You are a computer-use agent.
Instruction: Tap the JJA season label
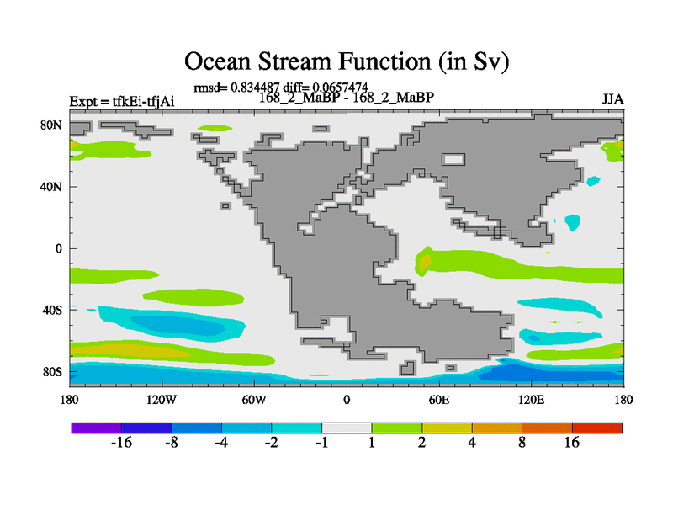[x=612, y=99]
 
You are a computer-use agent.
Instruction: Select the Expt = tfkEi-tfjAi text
[x=122, y=101]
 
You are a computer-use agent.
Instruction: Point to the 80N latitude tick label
[x=51, y=125]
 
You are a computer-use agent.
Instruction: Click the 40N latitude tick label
[x=51, y=187]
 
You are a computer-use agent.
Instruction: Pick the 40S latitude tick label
[x=52, y=310]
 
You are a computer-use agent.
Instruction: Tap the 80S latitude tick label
[x=52, y=372]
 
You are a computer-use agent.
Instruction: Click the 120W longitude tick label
[x=162, y=400]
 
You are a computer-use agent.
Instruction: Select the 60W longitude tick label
[x=254, y=400]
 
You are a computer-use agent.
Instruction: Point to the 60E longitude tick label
[x=439, y=400]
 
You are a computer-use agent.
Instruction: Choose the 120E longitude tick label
[x=532, y=400]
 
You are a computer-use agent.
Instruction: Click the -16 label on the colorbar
[x=121, y=443]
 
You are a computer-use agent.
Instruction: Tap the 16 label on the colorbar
[x=572, y=443]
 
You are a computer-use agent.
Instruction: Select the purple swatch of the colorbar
[x=96, y=428]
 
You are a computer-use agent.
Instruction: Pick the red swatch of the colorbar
[x=597, y=428]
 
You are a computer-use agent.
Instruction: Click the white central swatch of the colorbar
[x=347, y=428]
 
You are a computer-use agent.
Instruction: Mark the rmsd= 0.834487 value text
[x=236, y=88]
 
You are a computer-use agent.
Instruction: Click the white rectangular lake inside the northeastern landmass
[x=453, y=159]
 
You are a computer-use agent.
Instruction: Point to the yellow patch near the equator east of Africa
[x=425, y=262]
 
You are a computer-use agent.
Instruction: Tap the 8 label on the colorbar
[x=522, y=443]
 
